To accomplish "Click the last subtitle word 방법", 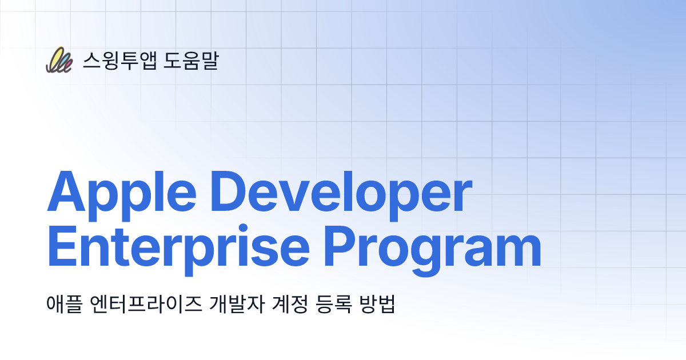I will pyautogui.click(x=375, y=304).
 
